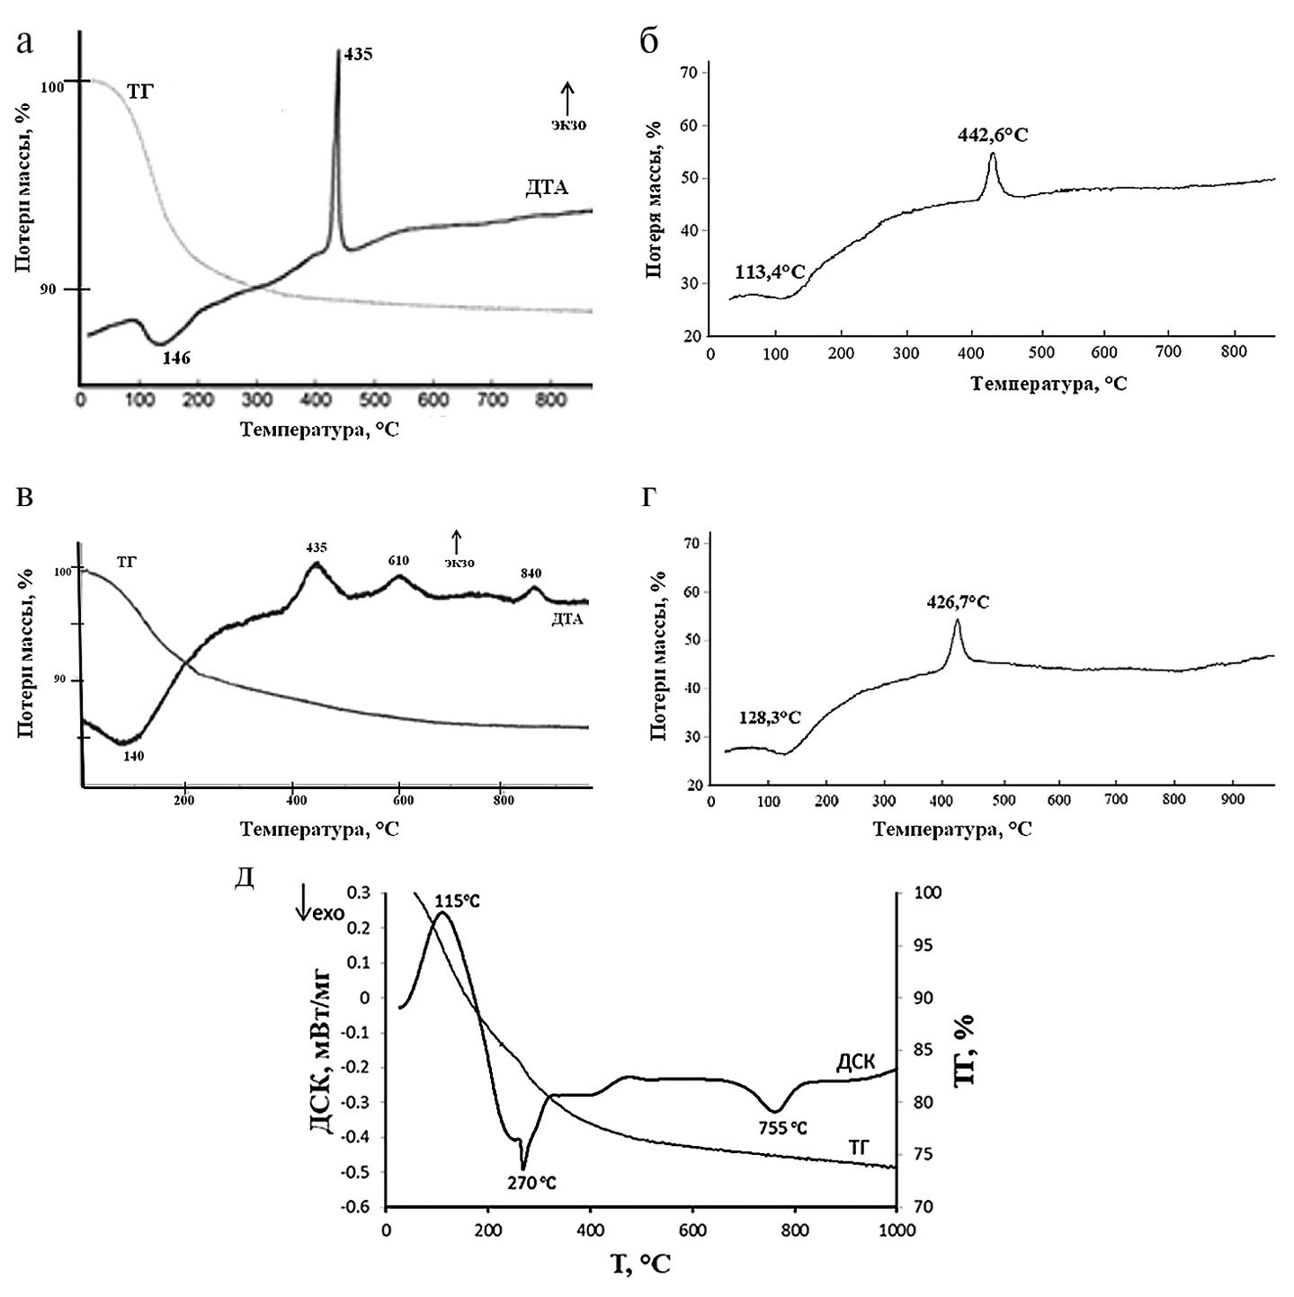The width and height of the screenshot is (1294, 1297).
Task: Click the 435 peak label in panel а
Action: (x=358, y=55)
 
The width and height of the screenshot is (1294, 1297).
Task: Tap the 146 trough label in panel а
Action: (x=176, y=358)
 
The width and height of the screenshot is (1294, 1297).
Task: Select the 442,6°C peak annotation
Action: (x=993, y=135)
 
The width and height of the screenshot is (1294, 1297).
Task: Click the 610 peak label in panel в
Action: (x=398, y=561)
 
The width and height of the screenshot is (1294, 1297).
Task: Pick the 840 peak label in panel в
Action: (x=531, y=573)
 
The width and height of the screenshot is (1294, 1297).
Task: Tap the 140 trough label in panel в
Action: (x=133, y=756)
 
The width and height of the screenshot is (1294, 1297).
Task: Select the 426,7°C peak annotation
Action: (x=958, y=601)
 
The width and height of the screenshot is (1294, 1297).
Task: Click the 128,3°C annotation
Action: (x=763, y=717)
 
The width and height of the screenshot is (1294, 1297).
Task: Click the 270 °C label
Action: (x=531, y=1183)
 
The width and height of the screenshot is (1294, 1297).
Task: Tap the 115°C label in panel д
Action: (x=458, y=901)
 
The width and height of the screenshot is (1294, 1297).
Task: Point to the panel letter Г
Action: (x=647, y=496)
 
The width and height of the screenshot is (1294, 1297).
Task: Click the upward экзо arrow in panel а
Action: (x=567, y=94)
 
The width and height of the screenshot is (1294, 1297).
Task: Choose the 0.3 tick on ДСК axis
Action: (x=359, y=893)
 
